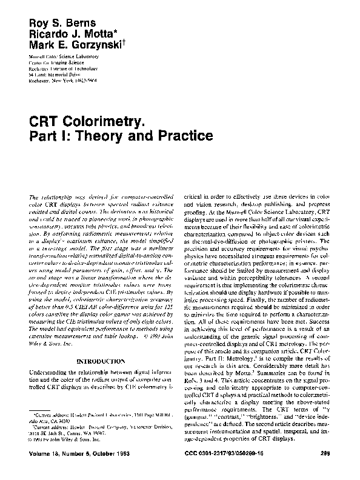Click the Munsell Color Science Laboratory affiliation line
pyautogui.click(x=67, y=56)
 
